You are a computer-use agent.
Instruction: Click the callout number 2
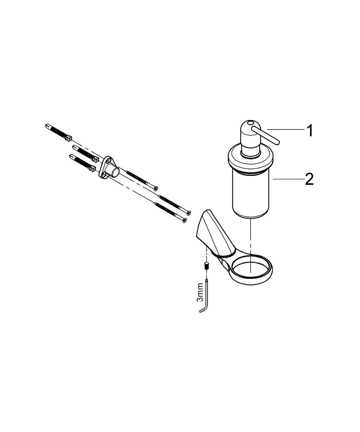[309, 180]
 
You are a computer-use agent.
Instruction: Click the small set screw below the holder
[206, 267]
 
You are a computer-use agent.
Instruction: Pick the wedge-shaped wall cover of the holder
[214, 232]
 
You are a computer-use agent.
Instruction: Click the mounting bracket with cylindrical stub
[108, 168]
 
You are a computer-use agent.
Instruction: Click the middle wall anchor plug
[86, 152]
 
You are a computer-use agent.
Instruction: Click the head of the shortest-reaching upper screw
[156, 188]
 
